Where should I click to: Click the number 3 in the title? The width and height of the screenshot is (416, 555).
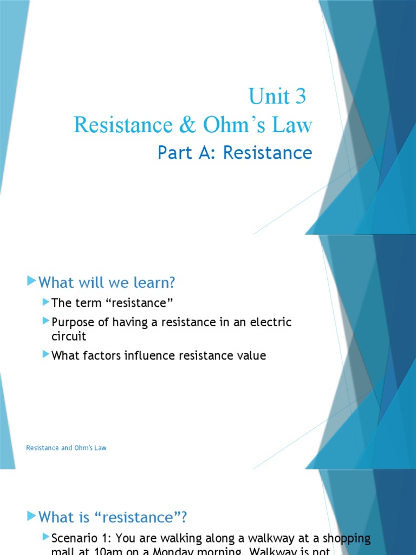(300, 97)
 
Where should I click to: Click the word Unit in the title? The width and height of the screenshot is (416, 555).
(269, 97)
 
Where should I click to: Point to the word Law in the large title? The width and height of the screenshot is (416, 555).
(294, 125)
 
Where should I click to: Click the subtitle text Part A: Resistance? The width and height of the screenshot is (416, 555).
(235, 153)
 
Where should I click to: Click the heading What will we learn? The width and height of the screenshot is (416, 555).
(107, 282)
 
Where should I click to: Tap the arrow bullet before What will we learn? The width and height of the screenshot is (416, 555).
(31, 281)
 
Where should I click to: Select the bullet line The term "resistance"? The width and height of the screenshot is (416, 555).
(115, 302)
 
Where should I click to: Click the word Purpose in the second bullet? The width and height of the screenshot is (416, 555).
(74, 322)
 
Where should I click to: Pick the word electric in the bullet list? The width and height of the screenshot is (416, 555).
(269, 322)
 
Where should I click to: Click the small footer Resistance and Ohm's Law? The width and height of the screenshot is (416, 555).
(66, 448)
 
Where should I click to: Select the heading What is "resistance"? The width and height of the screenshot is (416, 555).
(113, 517)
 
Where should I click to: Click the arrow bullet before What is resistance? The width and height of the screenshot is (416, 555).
(31, 515)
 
